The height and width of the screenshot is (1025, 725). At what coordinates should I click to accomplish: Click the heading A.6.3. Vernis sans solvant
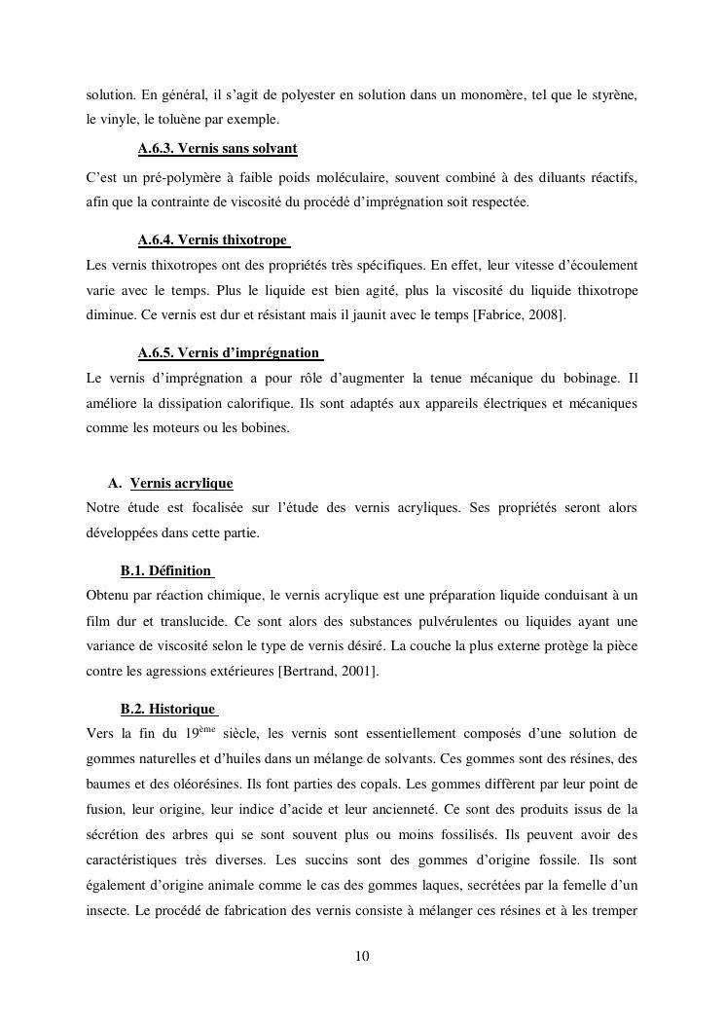point(217,149)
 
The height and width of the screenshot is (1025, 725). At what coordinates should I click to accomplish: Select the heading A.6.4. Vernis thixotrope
point(213,240)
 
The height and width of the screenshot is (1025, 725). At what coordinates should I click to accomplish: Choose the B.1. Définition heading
point(165,570)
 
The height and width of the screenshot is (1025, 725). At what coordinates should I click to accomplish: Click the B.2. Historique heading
point(167,709)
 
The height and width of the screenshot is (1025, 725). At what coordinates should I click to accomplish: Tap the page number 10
point(362,957)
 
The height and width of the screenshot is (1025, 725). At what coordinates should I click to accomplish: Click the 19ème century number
point(199,734)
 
